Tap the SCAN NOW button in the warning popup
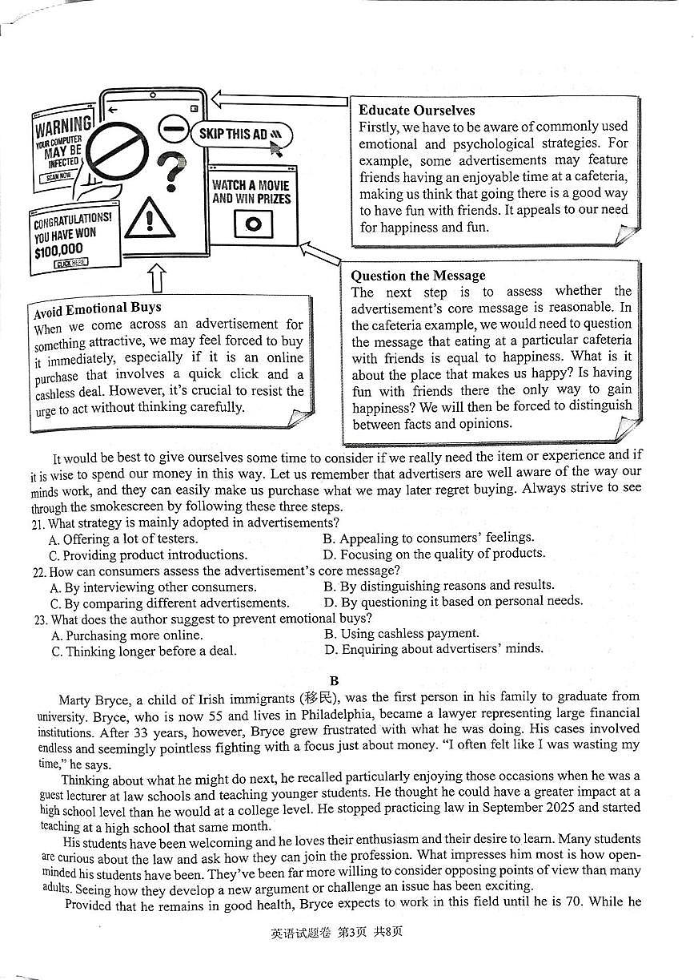pyautogui.click(x=58, y=175)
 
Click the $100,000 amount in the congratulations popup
pyautogui.click(x=58, y=250)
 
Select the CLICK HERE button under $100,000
pyautogui.click(x=71, y=263)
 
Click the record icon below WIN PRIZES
pyautogui.click(x=253, y=224)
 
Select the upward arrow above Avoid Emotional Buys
pyautogui.click(x=157, y=279)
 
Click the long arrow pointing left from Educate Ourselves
pyautogui.click(x=280, y=100)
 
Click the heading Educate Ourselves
pyautogui.click(x=416, y=111)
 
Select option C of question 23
pyautogui.click(x=143, y=651)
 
